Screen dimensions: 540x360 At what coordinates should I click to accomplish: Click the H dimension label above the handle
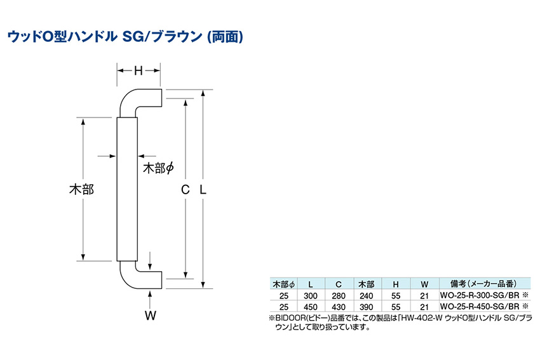click(x=138, y=70)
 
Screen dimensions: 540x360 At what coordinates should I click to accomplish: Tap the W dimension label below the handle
click(x=151, y=316)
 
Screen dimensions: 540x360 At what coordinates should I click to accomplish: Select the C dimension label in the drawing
click(x=186, y=189)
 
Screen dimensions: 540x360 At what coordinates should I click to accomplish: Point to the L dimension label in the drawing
click(x=203, y=189)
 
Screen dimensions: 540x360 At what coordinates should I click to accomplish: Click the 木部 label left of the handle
click(x=81, y=189)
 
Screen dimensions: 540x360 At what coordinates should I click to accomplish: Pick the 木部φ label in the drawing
click(x=158, y=168)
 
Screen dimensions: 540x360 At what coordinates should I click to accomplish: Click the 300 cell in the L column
click(x=311, y=296)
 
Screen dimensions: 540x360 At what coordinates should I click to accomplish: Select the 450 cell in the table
click(x=311, y=307)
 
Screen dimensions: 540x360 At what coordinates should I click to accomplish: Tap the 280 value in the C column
click(x=339, y=296)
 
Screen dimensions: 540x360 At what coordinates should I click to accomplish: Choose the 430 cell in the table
click(x=339, y=307)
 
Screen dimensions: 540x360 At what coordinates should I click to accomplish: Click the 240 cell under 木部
click(x=366, y=296)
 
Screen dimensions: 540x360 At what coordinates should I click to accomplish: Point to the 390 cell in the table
click(x=366, y=307)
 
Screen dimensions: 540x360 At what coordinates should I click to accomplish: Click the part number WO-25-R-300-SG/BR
click(x=480, y=295)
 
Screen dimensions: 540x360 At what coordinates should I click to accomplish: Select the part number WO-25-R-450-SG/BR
click(x=480, y=306)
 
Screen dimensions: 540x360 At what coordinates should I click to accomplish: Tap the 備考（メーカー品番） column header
click(x=483, y=284)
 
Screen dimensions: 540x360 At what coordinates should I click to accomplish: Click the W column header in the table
click(x=424, y=284)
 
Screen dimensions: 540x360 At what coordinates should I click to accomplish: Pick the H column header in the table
click(x=396, y=284)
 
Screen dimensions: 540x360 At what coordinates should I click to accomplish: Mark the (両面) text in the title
click(x=226, y=36)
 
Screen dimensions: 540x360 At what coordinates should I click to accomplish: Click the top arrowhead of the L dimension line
click(x=203, y=93)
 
